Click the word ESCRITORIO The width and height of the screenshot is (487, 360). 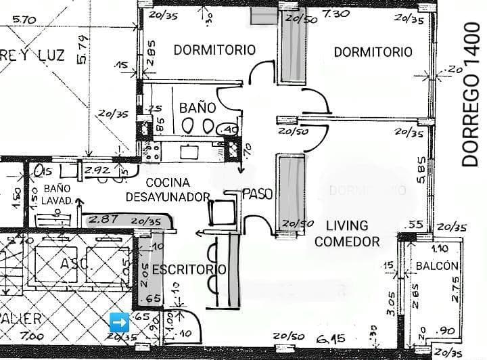click(189, 269)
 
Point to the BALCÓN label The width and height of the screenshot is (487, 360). click(438, 266)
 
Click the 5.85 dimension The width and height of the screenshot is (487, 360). click(421, 179)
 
